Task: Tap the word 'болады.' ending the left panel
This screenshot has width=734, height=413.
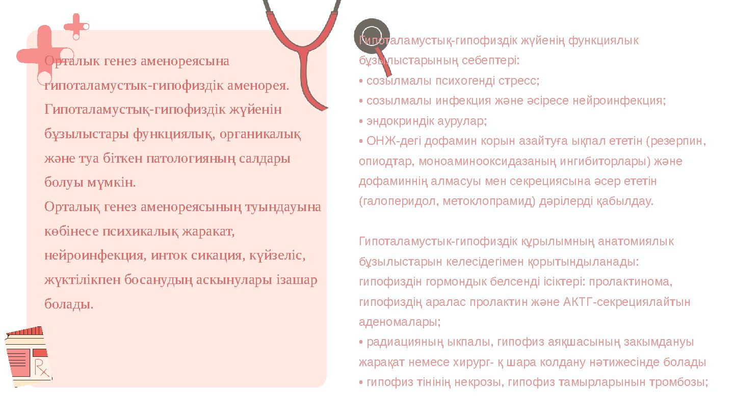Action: (x=69, y=304)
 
